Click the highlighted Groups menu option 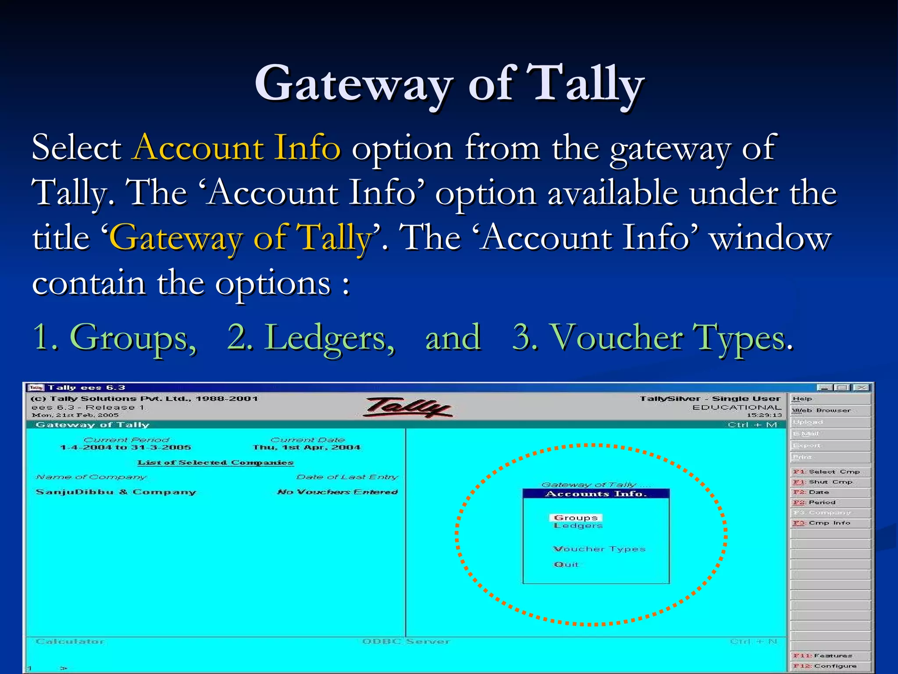(576, 518)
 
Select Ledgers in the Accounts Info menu (578, 526)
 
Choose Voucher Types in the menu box (599, 549)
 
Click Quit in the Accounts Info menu (566, 564)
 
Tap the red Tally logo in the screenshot (408, 407)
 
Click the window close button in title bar (862, 387)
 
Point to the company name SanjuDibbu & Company (116, 492)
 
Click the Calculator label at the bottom (70, 642)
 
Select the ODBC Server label (406, 642)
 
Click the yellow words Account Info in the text (237, 147)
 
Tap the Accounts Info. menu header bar (596, 494)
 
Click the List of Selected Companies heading (215, 462)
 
